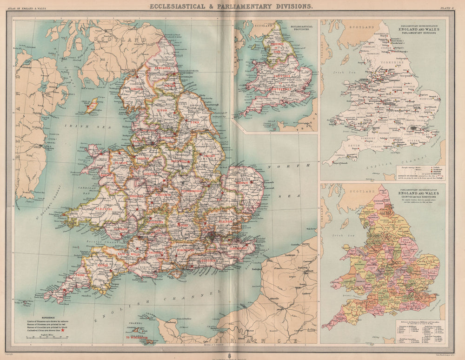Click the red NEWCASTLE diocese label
click(161, 69)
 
